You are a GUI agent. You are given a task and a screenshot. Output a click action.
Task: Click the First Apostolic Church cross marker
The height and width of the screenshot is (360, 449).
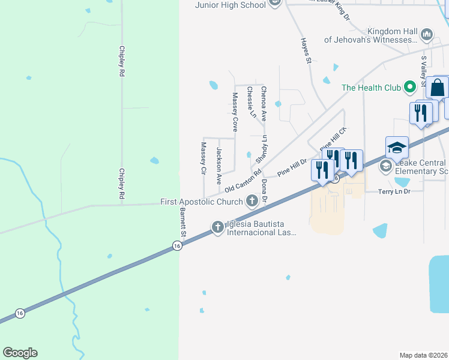[253, 202]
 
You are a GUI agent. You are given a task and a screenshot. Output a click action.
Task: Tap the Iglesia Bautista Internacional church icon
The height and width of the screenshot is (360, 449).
[217, 226]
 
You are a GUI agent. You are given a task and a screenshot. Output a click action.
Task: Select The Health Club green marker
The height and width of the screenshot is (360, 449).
[410, 88]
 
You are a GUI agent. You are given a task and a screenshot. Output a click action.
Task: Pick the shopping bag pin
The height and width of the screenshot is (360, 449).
[438, 88]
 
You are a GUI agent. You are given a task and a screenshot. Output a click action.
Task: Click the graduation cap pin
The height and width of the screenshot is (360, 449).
[397, 148]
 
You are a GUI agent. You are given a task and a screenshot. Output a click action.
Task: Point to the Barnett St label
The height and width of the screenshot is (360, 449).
[184, 221]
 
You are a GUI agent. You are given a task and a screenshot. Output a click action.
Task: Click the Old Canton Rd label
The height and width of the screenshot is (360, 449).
[243, 176]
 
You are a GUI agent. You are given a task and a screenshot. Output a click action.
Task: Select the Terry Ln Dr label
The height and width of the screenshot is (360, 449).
[394, 191]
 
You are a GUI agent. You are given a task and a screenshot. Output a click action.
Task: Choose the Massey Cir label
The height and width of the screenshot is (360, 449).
[203, 158]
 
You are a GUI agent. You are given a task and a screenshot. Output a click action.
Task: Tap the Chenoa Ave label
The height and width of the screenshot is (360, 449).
[264, 104]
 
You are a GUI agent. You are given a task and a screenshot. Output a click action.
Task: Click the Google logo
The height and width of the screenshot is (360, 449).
[20, 353]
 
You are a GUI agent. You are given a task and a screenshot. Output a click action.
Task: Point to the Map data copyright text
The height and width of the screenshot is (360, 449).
[423, 355]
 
